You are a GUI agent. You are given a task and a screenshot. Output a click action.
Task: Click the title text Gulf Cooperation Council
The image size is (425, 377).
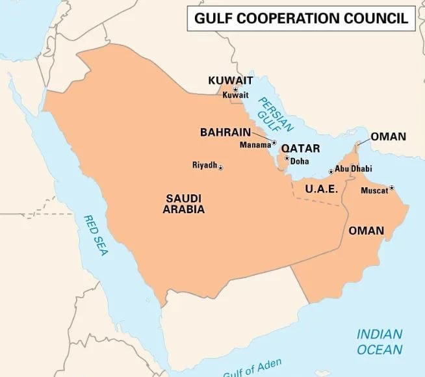[x=302, y=18]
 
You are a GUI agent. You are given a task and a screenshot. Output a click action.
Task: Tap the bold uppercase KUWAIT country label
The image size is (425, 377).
[x=227, y=81]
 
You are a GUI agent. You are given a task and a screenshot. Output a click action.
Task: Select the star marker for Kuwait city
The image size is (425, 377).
[x=235, y=88]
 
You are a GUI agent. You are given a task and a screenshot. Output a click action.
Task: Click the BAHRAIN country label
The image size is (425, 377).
[x=225, y=132]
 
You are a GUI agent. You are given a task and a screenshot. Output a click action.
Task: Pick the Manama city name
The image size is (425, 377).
[x=255, y=144]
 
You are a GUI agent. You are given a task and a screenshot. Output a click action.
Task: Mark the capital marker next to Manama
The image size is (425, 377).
[x=274, y=143]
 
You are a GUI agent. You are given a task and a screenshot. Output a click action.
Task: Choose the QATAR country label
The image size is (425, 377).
[x=300, y=148]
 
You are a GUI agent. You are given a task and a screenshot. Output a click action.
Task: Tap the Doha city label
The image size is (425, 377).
[x=300, y=161]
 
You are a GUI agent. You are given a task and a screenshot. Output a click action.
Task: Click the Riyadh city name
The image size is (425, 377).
[x=204, y=165]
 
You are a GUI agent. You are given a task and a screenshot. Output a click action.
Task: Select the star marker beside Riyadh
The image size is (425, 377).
[x=220, y=168]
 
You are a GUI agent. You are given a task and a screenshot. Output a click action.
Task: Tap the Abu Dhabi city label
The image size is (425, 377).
[x=354, y=168]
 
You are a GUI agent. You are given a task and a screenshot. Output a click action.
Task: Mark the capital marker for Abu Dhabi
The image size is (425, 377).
[x=331, y=172]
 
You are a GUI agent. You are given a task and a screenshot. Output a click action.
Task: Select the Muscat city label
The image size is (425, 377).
[x=374, y=190]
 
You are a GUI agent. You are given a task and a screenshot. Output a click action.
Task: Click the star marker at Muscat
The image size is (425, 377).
[x=392, y=188]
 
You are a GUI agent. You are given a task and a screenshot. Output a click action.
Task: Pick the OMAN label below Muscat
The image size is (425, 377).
[x=366, y=231]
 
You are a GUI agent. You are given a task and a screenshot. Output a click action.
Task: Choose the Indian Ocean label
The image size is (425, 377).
[x=380, y=341]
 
